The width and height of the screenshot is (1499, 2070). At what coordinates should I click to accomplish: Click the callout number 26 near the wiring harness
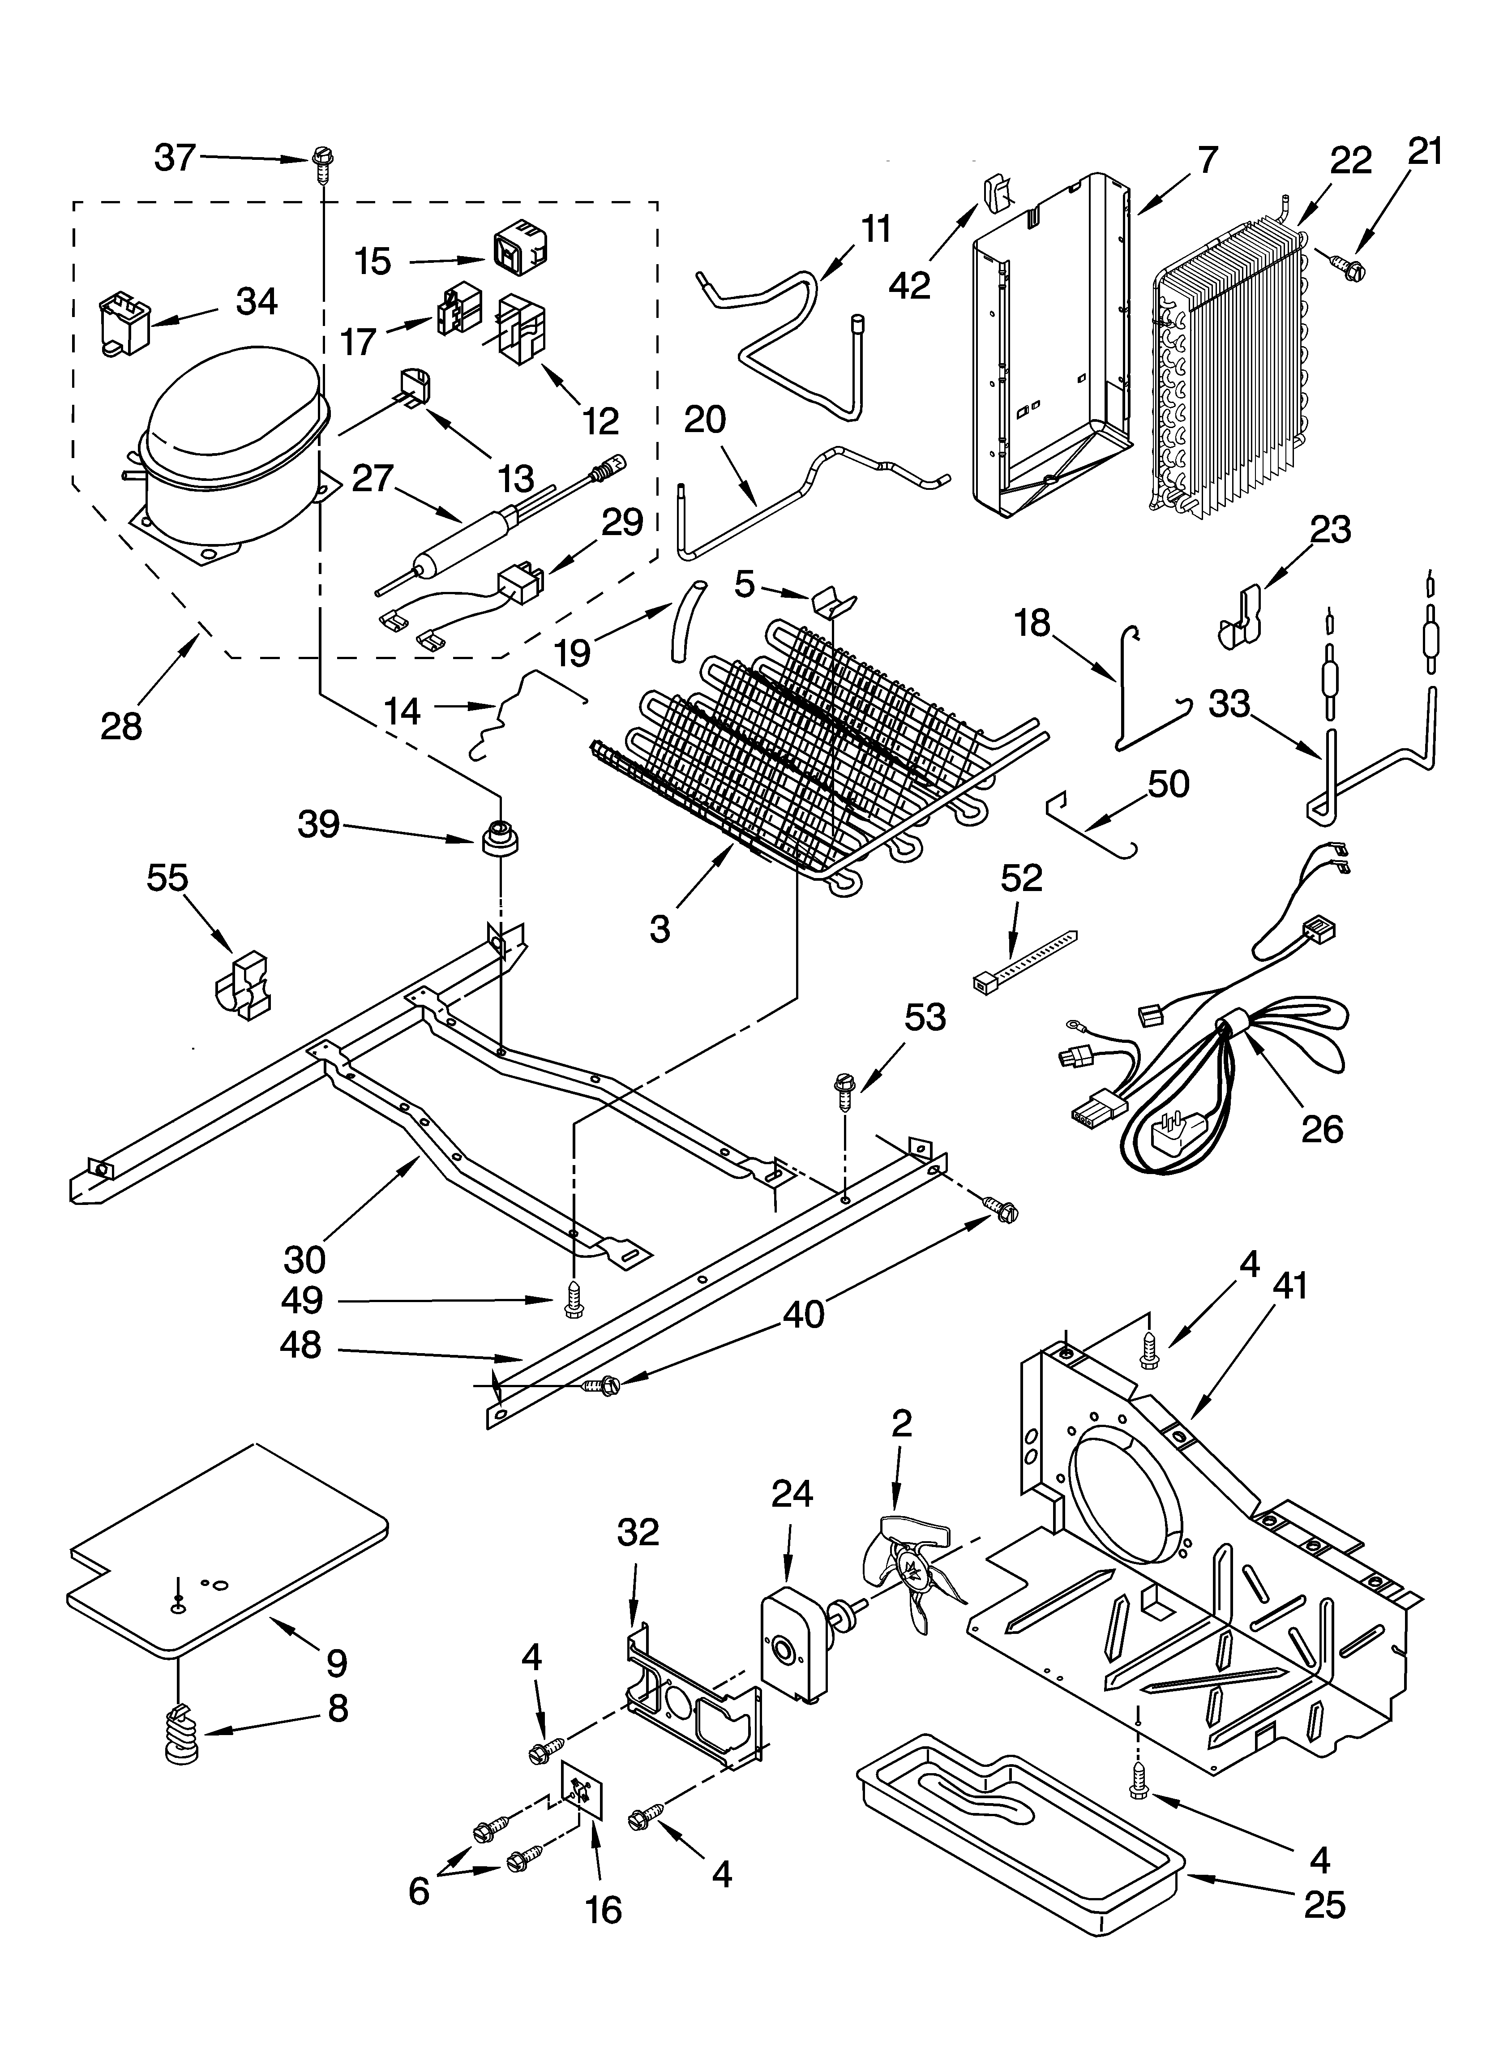[1321, 1130]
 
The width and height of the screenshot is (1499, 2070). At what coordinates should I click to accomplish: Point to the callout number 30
[304, 1260]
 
